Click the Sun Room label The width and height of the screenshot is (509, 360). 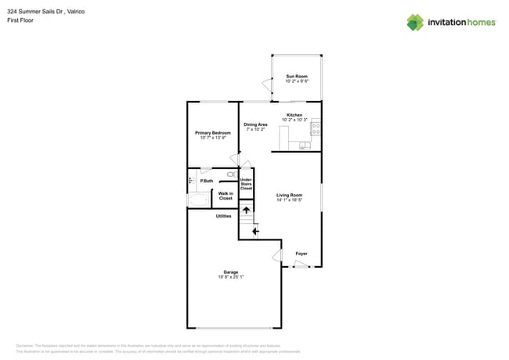296,77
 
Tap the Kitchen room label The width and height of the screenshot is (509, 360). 294,115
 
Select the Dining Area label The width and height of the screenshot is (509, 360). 255,124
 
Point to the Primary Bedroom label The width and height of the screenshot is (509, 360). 213,133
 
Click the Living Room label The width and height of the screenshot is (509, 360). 289,196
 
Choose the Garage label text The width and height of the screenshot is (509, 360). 231,272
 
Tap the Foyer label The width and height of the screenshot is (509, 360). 301,254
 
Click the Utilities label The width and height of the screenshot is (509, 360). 223,216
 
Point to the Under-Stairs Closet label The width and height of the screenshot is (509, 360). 246,184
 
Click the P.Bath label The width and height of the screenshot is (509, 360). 207,182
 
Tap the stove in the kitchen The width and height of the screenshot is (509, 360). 316,128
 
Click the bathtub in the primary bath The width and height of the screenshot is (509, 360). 197,200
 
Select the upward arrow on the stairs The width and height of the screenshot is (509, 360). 246,210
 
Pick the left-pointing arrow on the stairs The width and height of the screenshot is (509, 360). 254,231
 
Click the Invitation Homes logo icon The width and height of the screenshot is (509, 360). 415,23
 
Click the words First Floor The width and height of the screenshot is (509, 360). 20,20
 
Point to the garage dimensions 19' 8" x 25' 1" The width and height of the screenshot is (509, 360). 231,277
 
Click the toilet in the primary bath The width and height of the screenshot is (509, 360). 232,174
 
